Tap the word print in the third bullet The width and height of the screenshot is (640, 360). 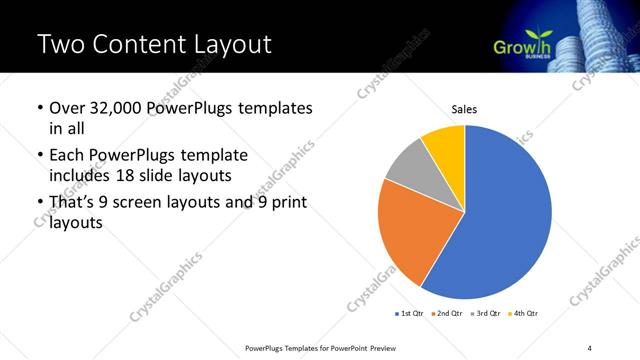[x=287, y=203]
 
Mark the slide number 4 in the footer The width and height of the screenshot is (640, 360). [x=590, y=347]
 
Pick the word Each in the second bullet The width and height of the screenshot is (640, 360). [x=67, y=155]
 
